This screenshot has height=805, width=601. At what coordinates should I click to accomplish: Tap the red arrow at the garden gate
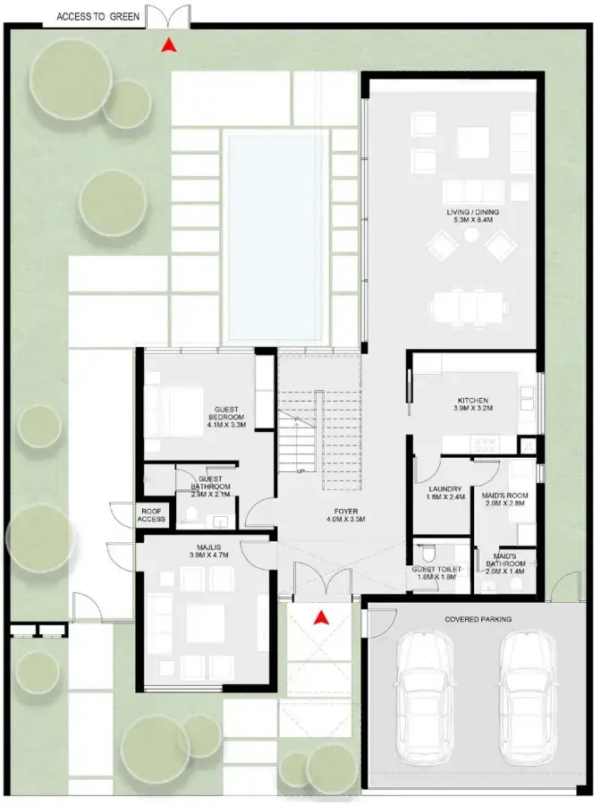point(165,47)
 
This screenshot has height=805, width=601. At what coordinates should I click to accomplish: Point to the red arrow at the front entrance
point(321,616)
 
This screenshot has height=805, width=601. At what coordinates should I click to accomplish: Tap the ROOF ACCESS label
point(150,514)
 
